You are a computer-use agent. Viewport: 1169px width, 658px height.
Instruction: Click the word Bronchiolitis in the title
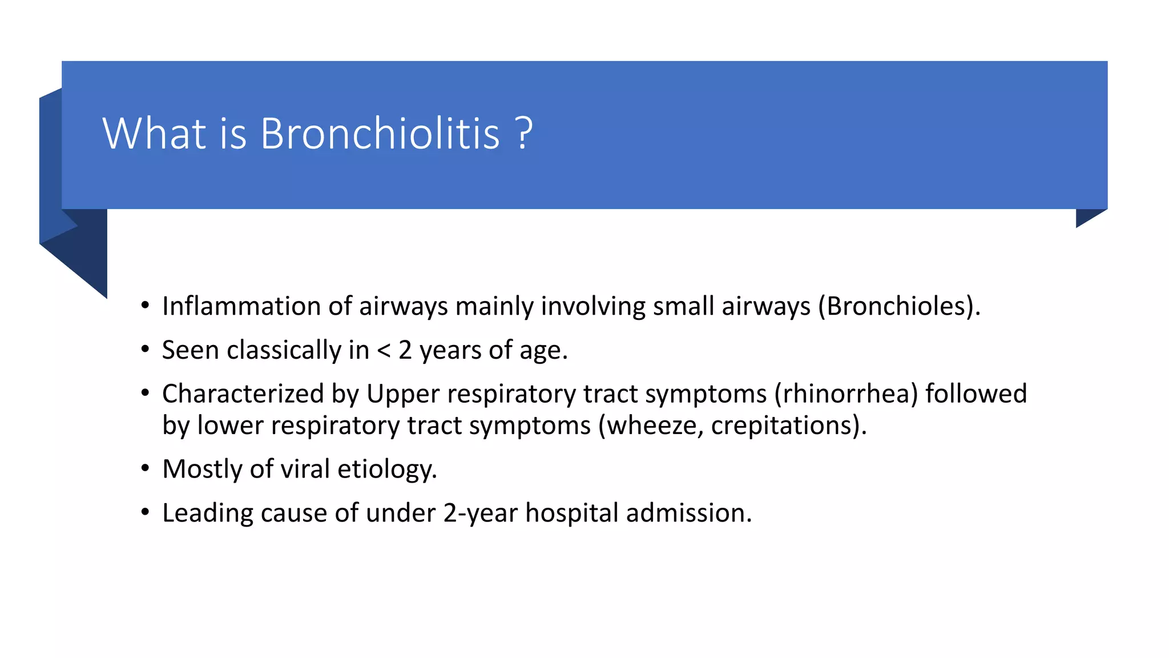[x=380, y=134]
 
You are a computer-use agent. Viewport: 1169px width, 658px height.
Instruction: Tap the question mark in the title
[x=524, y=134]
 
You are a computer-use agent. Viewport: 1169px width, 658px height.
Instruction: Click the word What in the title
[x=154, y=134]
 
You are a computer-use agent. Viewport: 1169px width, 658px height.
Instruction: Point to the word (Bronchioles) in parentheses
[x=898, y=306]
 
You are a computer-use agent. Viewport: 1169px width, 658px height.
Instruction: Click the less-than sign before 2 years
[x=384, y=351]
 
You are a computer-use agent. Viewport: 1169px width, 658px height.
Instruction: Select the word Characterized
[x=243, y=394]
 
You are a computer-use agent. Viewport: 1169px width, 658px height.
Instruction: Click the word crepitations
[x=784, y=426]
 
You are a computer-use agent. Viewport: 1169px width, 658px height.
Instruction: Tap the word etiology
[x=387, y=470]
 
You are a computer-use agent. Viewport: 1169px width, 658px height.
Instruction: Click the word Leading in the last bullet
[x=207, y=513]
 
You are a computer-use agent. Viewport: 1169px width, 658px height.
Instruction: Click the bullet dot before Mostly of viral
[x=146, y=469]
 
